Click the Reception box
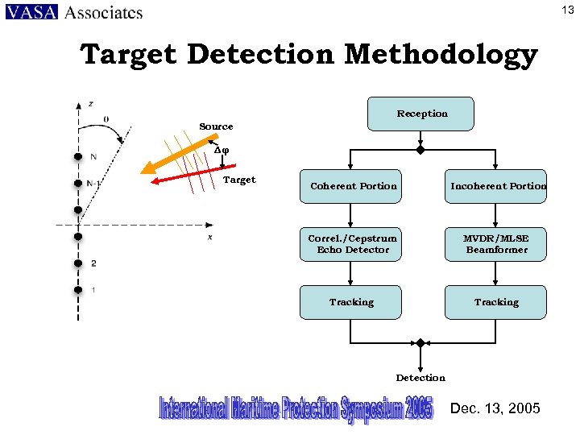click(x=420, y=114)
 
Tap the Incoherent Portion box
click(x=495, y=186)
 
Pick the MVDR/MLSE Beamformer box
click(x=495, y=244)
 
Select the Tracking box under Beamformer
click(x=495, y=302)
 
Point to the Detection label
click(x=420, y=378)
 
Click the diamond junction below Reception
click(x=420, y=150)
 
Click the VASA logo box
click(x=31, y=12)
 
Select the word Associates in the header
click(x=103, y=12)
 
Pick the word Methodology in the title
click(x=441, y=55)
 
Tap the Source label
click(x=216, y=126)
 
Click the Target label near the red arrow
click(x=238, y=180)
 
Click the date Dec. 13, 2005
click(x=495, y=408)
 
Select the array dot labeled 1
click(x=78, y=289)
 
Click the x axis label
click(x=209, y=237)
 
